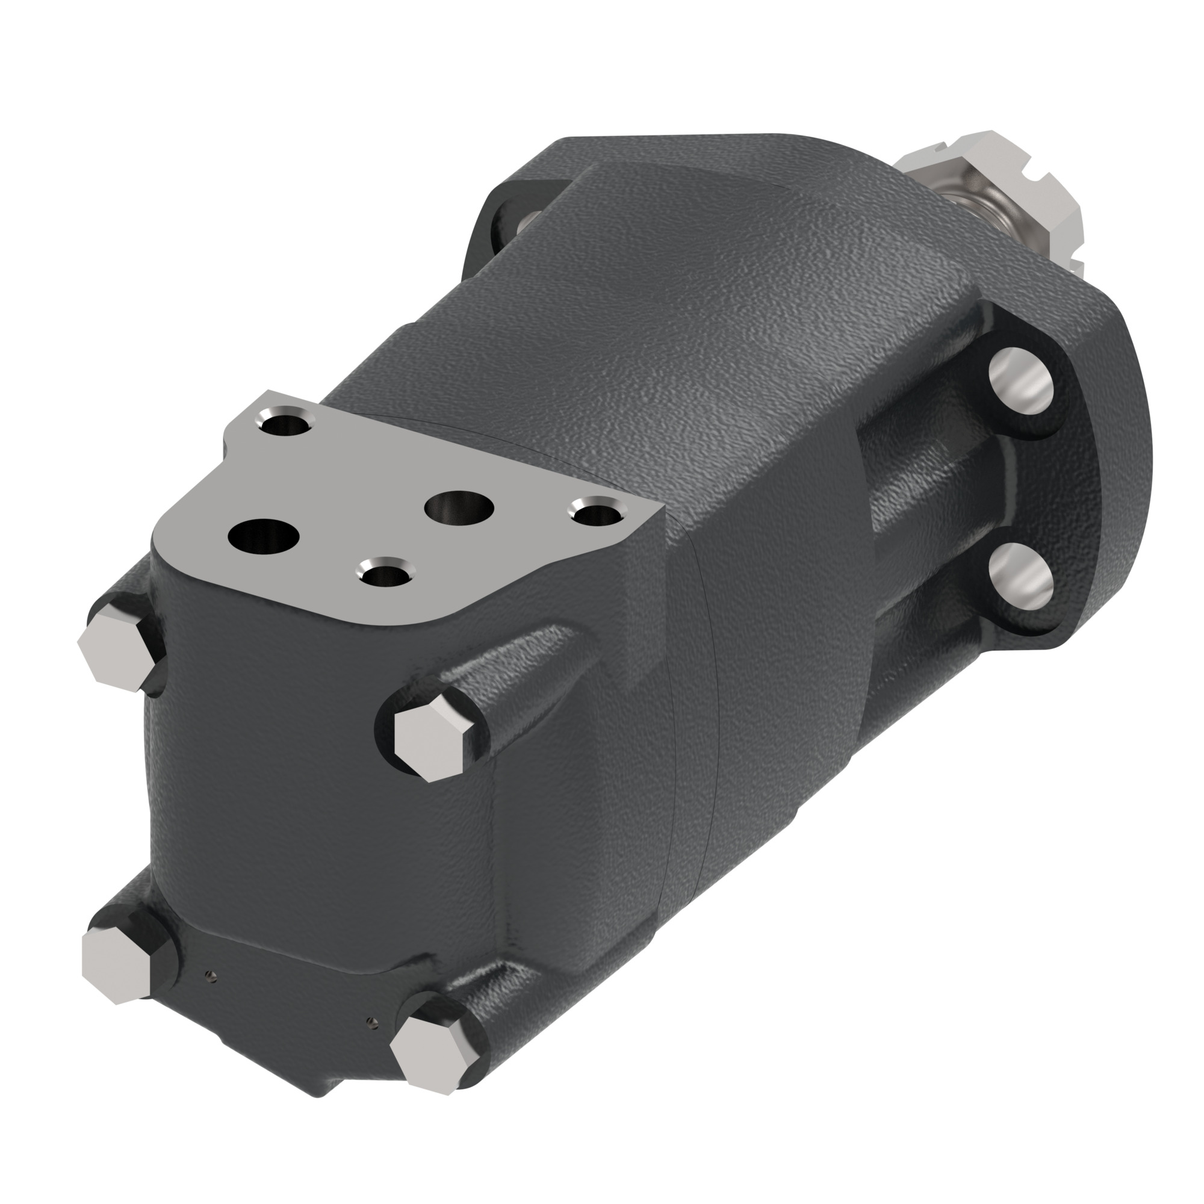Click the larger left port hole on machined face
[x=264, y=535]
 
